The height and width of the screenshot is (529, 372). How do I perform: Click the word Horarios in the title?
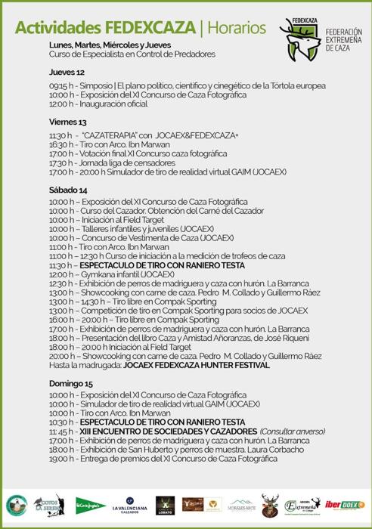tap(236, 28)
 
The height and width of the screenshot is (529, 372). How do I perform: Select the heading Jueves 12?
tap(67, 72)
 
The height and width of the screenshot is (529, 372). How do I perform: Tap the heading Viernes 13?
tap(68, 122)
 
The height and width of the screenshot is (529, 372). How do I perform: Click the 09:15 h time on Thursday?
tap(62, 85)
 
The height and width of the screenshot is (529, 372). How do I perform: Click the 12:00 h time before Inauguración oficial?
tap(62, 104)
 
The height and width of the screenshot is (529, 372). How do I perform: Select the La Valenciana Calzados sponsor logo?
tap(129, 504)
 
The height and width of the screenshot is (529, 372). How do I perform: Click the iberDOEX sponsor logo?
tap(350, 504)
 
